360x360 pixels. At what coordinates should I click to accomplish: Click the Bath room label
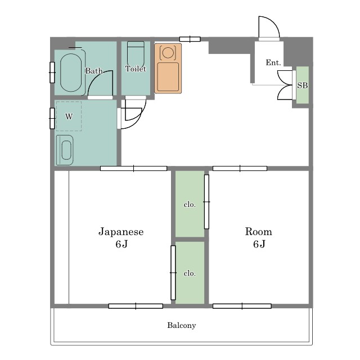point(94,71)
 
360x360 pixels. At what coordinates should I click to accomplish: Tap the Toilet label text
point(136,69)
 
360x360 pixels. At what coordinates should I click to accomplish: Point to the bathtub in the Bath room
point(71,73)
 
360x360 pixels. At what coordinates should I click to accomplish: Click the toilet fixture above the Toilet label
point(136,54)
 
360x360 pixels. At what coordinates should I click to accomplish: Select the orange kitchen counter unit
point(168,69)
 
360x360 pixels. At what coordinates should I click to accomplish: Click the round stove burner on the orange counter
point(168,52)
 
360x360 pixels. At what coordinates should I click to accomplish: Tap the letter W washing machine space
point(69,116)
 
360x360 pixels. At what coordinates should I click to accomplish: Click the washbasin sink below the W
point(65,150)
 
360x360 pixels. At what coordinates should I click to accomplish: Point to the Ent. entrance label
point(273,62)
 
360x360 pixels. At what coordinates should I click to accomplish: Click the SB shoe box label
point(303,85)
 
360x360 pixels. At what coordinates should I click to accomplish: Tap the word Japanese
point(121,232)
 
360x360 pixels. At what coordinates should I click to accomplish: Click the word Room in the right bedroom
point(259,231)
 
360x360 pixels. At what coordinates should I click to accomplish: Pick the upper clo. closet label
point(190,205)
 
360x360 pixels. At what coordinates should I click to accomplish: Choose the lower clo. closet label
point(190,273)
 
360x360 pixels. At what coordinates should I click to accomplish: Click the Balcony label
point(181,325)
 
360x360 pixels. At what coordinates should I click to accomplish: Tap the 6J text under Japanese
point(121,244)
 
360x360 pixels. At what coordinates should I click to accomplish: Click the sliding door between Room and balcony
point(242,306)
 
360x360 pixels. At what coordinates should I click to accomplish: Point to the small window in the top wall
point(190,39)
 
